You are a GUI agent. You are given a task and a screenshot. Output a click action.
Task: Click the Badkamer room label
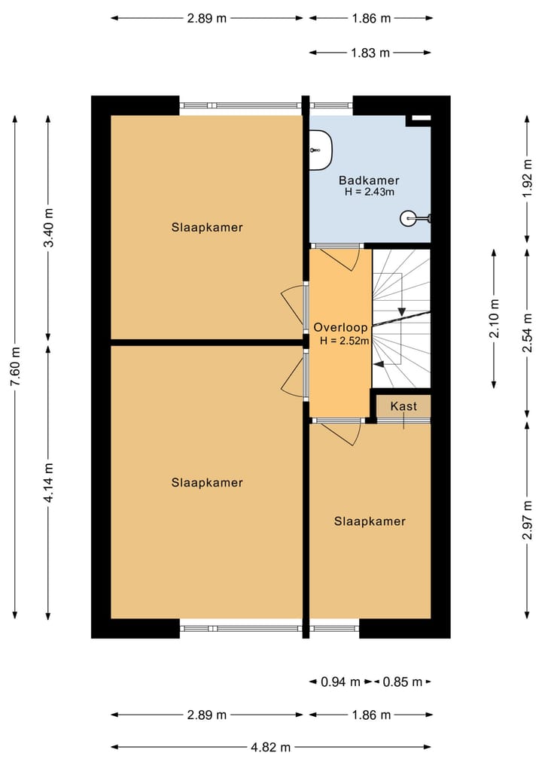[x=369, y=181]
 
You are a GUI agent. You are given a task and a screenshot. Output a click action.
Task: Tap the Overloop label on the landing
[x=340, y=327]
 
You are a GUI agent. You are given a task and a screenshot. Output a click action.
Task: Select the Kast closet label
[x=403, y=406]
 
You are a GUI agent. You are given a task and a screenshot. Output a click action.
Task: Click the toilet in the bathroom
[x=321, y=150]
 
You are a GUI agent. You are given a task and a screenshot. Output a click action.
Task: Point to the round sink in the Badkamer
[x=410, y=218]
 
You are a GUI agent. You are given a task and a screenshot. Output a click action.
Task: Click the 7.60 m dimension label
[x=16, y=366]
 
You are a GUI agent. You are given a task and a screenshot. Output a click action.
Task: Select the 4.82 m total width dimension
[x=270, y=747]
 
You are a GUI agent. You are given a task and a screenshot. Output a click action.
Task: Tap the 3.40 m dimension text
[x=49, y=227]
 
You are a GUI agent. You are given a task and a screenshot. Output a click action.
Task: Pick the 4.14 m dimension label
[x=49, y=482]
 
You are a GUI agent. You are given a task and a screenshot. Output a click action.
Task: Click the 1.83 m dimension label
[x=370, y=53]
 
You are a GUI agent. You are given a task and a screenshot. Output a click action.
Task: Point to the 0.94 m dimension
[x=340, y=682]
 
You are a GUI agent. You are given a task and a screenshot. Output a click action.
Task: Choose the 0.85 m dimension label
[x=402, y=682]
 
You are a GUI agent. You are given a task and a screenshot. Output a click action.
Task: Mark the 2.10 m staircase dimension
[x=495, y=318]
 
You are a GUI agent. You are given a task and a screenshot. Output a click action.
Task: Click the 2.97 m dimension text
[x=528, y=520]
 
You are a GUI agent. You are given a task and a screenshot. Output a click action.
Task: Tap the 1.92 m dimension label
[x=528, y=179]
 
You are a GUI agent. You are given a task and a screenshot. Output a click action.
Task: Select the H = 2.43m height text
[x=369, y=192]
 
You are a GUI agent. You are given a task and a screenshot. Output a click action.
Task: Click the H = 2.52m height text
[x=345, y=341]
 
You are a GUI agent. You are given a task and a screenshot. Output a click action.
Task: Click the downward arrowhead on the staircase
[x=402, y=311]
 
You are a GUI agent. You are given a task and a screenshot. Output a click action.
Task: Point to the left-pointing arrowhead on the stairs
[x=379, y=363]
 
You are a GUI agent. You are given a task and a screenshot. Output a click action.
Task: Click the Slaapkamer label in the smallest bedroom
[x=370, y=521]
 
